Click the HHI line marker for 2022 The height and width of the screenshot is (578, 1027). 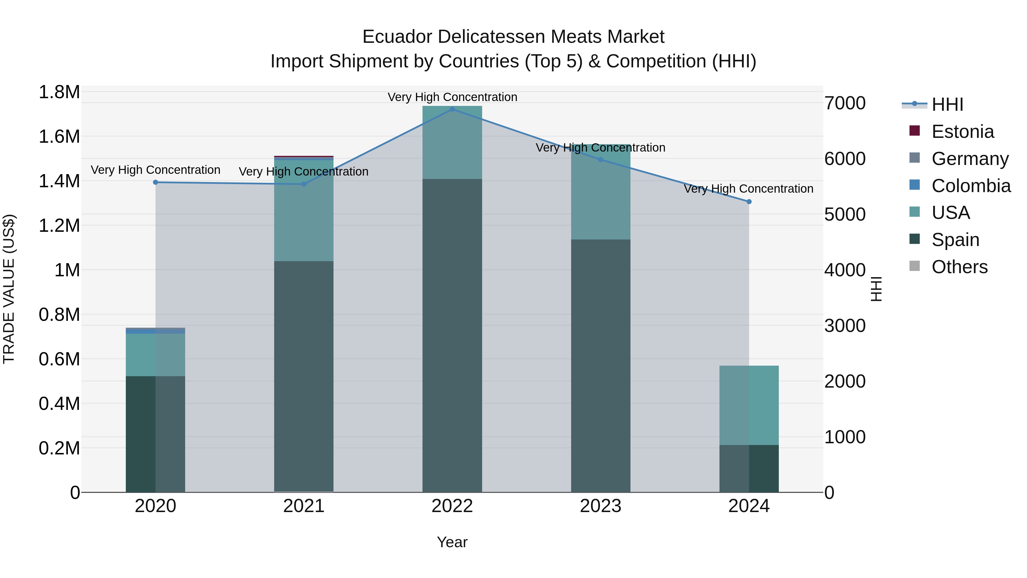point(452,109)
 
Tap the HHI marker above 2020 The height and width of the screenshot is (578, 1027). point(155,182)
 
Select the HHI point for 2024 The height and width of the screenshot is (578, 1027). point(749,202)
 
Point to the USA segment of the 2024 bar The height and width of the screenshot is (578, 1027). point(749,405)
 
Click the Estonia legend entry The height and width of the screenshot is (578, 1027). point(963,132)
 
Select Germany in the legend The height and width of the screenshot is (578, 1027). point(970,159)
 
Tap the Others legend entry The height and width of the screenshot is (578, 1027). point(959,267)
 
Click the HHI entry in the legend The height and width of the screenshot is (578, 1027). point(947,104)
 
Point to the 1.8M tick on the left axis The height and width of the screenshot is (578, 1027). point(59,92)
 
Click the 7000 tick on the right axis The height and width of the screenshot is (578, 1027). point(845,103)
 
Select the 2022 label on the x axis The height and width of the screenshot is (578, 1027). point(452,506)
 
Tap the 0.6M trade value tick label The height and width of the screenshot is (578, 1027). point(59,359)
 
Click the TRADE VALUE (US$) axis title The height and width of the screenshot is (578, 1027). point(9,289)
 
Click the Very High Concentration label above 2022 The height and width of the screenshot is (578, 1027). point(452,97)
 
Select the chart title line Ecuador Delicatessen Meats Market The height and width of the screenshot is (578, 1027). point(513,37)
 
